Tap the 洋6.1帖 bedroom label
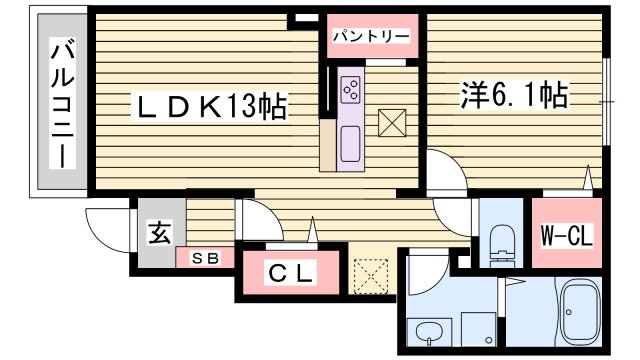point(514,96)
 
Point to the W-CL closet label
point(567,238)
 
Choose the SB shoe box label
point(204,257)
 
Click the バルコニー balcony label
point(62,104)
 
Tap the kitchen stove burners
point(352,89)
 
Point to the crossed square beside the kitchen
point(392,124)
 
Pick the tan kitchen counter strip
point(328,145)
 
